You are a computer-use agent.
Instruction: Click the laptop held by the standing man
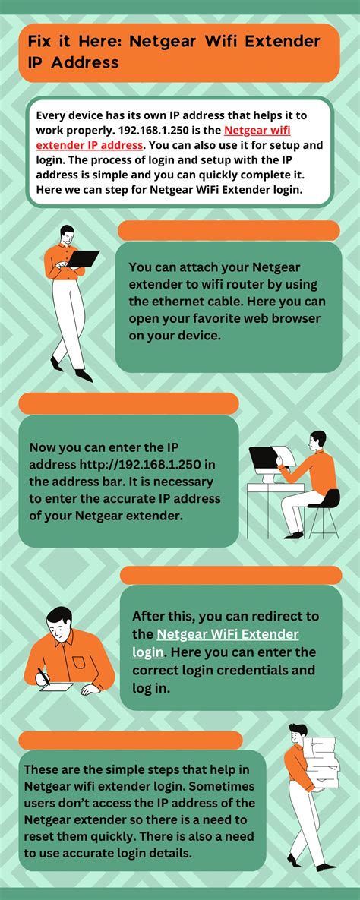click(83, 258)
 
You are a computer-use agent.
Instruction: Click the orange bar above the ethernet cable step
click(229, 231)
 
